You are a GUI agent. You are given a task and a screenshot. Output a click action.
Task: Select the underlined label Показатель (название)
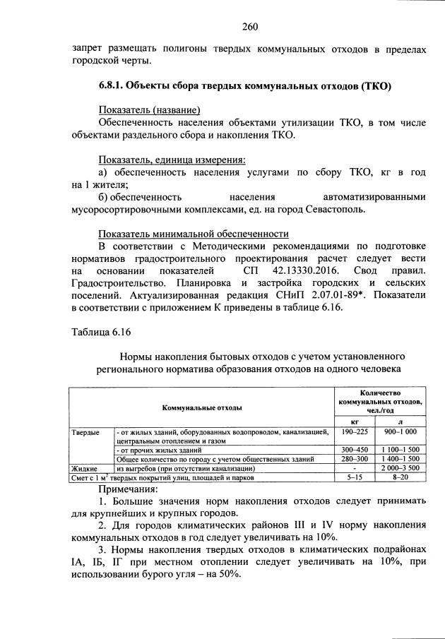pyautogui.click(x=149, y=110)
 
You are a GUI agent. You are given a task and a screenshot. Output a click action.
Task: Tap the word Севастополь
pyautogui.click(x=340, y=209)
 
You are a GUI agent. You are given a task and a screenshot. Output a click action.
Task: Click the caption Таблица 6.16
pyautogui.click(x=102, y=332)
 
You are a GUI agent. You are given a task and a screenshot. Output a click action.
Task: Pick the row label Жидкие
pyautogui.click(x=84, y=468)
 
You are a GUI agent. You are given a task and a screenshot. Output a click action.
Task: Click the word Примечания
pyautogui.click(x=129, y=489)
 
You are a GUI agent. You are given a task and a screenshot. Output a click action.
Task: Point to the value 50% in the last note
pyautogui.click(x=230, y=574)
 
